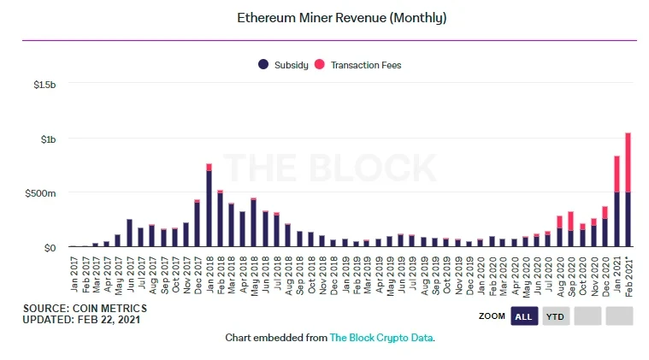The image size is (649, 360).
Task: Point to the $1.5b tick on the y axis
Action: (x=44, y=85)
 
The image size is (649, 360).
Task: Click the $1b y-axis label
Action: (x=46, y=139)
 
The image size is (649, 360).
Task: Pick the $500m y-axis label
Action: (x=41, y=193)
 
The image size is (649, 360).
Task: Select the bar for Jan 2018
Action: (x=209, y=206)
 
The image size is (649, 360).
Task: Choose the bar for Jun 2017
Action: (x=129, y=233)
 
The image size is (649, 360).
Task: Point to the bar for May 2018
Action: (x=253, y=222)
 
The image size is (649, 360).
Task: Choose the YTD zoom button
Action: (x=556, y=316)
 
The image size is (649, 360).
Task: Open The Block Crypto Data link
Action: (x=381, y=338)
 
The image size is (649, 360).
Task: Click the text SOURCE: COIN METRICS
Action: (x=85, y=308)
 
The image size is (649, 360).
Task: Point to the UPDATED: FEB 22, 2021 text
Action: (x=82, y=319)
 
